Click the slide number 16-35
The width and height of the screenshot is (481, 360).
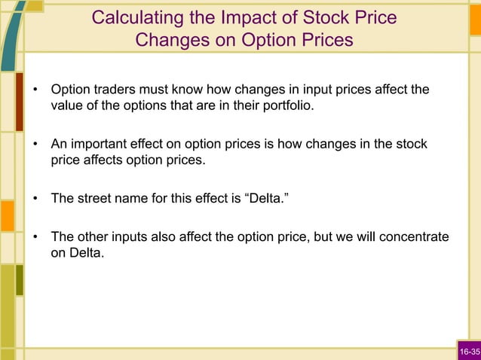pos(468,352)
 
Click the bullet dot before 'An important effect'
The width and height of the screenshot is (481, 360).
pos(35,145)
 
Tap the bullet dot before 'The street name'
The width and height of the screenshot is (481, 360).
pos(35,200)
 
